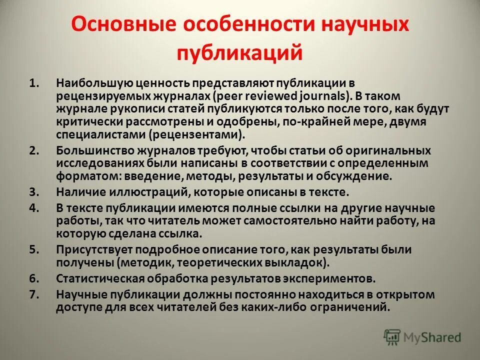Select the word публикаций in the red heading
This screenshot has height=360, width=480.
coord(239,52)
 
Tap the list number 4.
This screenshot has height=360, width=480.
coord(33,207)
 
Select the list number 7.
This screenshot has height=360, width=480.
coord(33,294)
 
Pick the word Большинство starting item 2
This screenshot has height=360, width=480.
coord(93,150)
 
